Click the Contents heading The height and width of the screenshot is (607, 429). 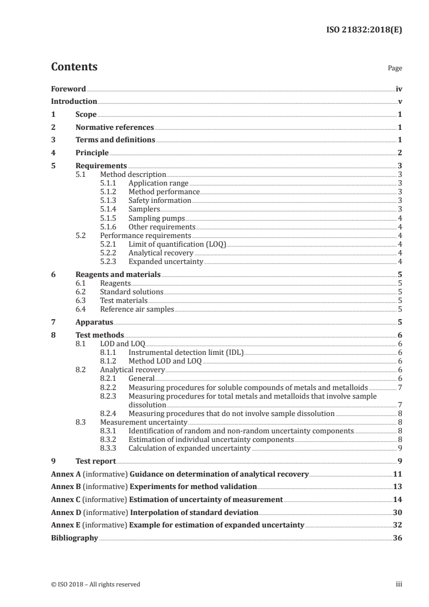74,67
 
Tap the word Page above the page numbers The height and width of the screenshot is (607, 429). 394,69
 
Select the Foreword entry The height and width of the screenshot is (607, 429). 68,89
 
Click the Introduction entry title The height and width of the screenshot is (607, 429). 74,102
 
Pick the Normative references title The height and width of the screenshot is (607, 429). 115,128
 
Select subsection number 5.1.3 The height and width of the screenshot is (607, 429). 110,201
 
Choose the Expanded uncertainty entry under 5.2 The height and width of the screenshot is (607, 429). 166,262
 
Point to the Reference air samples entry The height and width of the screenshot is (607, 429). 137,309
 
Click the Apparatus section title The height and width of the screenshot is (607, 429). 94,322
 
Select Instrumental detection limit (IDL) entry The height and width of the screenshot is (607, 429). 186,353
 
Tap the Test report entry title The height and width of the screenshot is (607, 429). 96,461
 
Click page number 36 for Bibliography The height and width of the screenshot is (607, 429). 397,538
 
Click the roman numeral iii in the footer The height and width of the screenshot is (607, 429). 399,584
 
